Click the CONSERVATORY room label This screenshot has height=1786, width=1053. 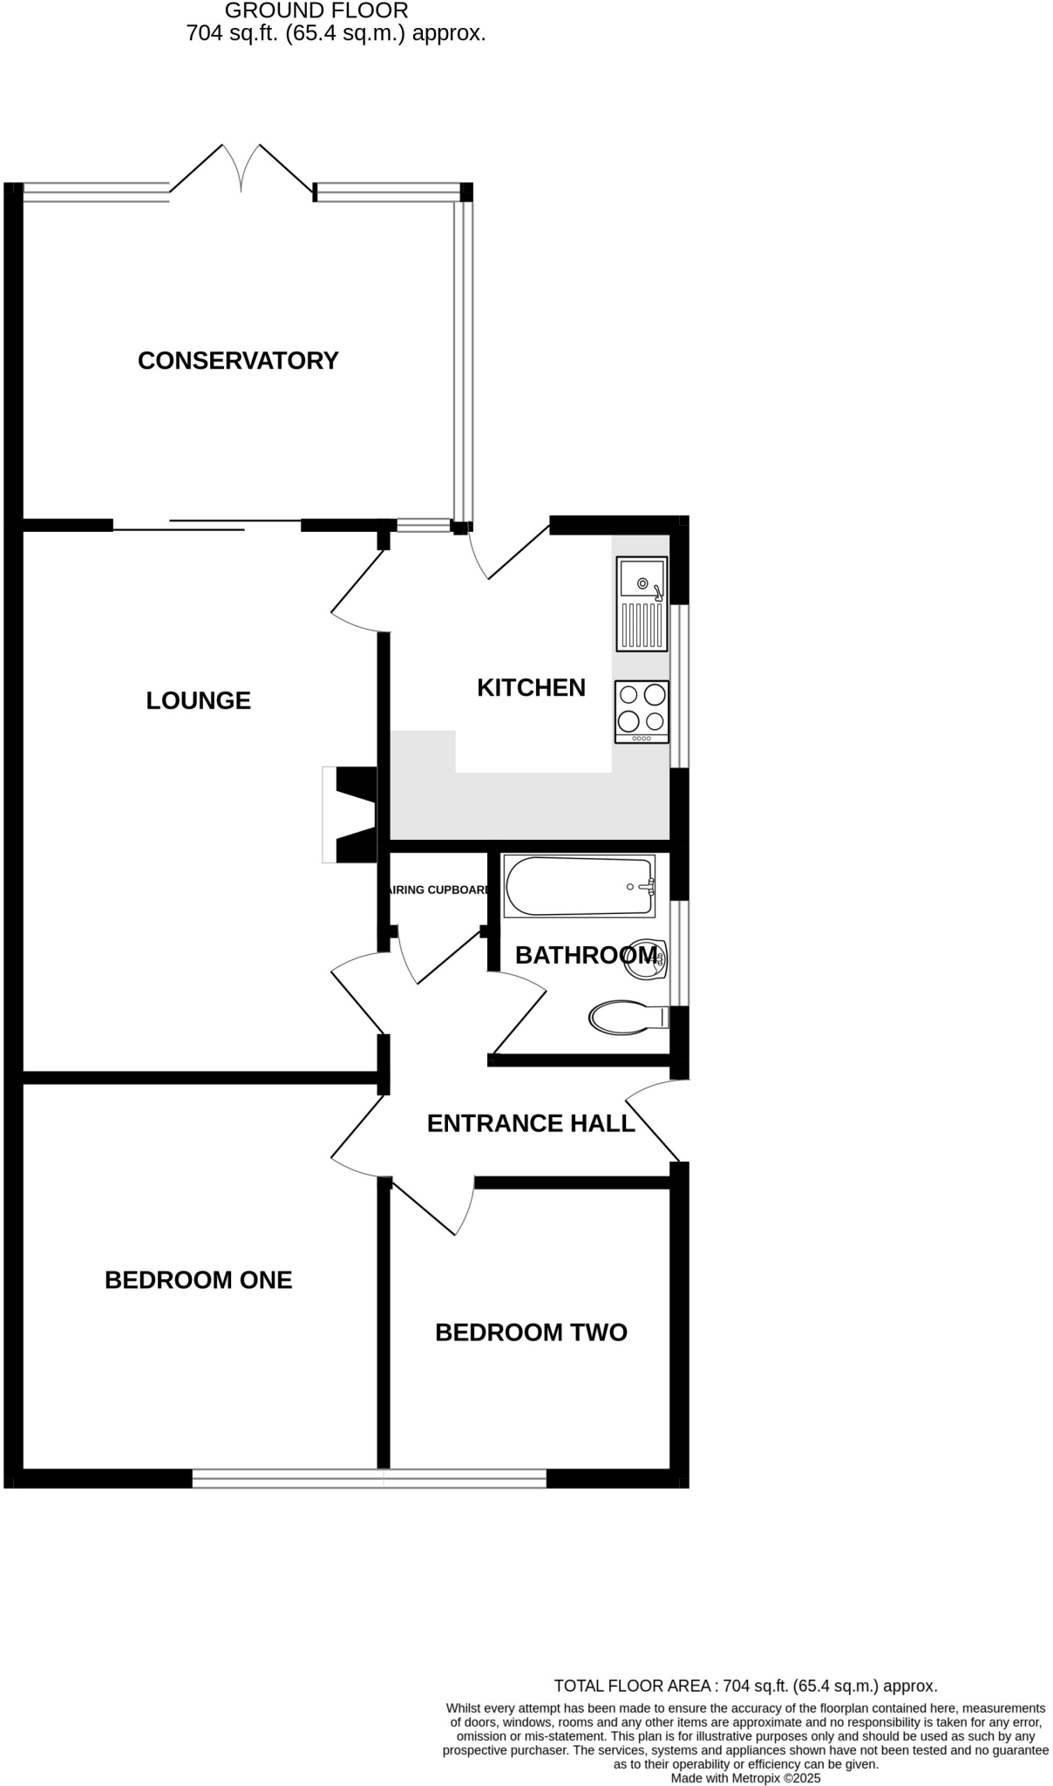point(238,360)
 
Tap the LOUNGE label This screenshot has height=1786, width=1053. point(198,700)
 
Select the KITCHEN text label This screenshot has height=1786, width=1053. point(531,687)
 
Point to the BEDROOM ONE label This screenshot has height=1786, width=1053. point(198,1279)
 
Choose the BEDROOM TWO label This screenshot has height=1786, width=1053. point(531,1332)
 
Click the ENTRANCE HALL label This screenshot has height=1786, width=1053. point(531,1123)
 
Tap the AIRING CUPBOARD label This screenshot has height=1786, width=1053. point(438,890)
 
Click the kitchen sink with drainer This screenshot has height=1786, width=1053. point(642,604)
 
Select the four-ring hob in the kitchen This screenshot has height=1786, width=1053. point(642,712)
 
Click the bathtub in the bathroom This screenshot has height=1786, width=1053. point(579,886)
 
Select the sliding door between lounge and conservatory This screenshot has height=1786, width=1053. point(207,524)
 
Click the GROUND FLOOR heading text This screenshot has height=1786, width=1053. point(316,11)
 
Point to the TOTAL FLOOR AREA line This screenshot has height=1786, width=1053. point(745,1686)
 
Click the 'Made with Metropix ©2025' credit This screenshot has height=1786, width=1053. point(745,1777)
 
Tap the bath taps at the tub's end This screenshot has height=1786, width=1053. point(646,887)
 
